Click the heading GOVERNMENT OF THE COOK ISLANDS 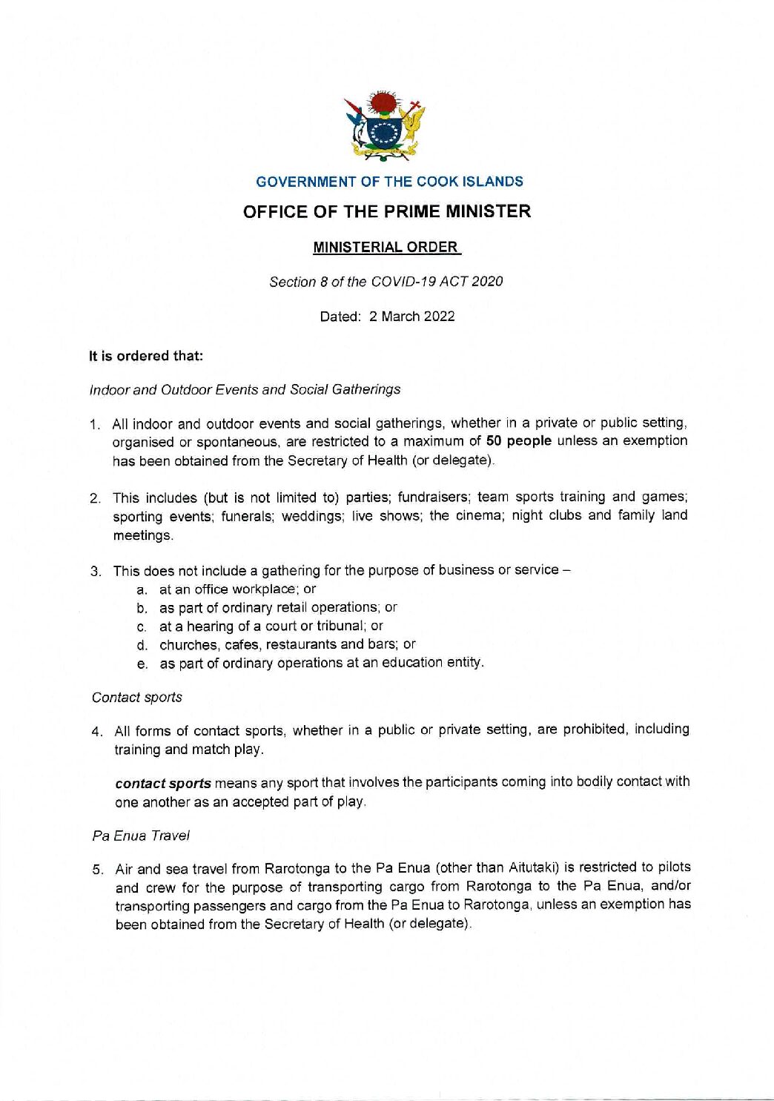point(389,182)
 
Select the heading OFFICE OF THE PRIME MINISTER point(387,211)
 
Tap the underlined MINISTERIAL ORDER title point(386,247)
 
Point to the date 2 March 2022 point(411,317)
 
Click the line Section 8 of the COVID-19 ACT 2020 point(386,282)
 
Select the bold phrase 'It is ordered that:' point(146,356)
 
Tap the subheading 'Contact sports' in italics point(137,698)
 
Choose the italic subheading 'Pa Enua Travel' point(141,836)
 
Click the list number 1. point(95,425)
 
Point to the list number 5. point(97,869)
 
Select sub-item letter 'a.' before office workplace point(142,590)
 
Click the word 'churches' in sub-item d point(184,644)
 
